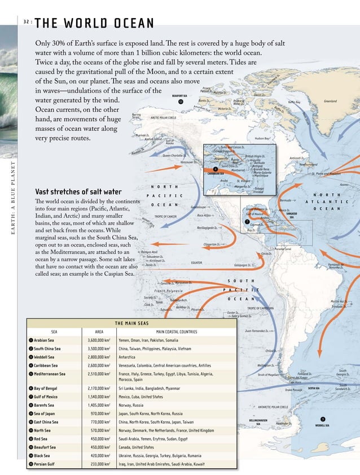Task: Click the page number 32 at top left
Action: point(27,23)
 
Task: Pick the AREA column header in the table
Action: point(99,332)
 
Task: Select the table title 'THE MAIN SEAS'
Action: point(131,323)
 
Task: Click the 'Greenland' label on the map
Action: point(330,102)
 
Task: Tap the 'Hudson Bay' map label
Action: point(264,138)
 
